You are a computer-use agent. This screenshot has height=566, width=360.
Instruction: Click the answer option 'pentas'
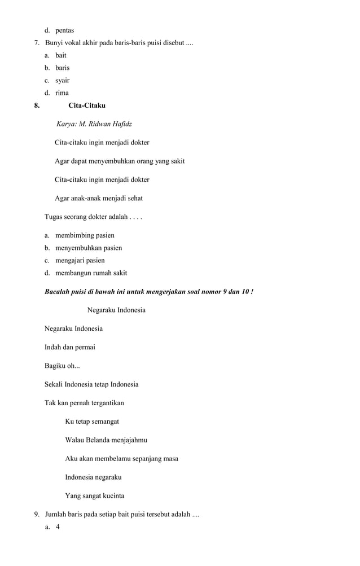tap(64, 30)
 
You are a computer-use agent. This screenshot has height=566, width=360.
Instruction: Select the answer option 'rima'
tap(62, 93)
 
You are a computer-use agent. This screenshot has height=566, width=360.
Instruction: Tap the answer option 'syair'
tap(63, 80)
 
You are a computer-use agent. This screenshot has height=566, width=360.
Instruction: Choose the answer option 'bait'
tap(61, 55)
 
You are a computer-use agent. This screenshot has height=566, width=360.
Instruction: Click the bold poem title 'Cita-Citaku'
tap(87, 106)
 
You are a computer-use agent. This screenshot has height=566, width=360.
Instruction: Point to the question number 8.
tap(37, 106)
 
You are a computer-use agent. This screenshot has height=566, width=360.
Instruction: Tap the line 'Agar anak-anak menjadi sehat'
tap(99, 199)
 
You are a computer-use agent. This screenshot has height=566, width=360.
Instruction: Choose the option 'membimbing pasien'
tap(85, 235)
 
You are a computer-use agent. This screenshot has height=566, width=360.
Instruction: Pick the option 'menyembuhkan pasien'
tap(89, 248)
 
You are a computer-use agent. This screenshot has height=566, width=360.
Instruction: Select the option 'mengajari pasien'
tap(80, 261)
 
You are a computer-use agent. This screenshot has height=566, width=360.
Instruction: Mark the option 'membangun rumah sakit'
tap(91, 273)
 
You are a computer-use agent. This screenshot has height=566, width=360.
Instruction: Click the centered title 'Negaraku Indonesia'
tap(116, 310)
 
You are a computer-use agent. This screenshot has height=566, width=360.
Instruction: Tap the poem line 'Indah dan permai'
tap(70, 347)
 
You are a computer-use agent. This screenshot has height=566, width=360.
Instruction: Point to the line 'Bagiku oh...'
tap(62, 366)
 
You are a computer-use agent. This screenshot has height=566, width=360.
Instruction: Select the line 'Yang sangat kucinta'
tap(95, 496)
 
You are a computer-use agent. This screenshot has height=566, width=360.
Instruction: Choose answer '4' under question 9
tap(58, 527)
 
